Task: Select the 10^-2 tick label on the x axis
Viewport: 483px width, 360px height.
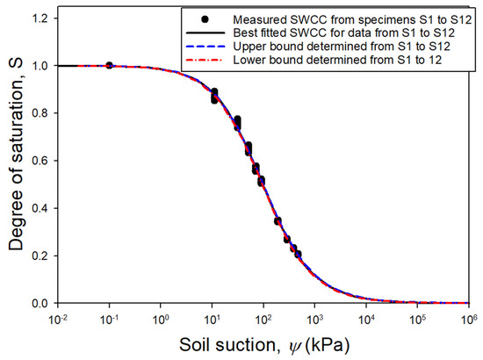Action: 58,317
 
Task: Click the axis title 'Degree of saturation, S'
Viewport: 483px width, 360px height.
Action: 17,161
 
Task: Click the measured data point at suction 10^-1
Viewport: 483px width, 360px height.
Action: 109,65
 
